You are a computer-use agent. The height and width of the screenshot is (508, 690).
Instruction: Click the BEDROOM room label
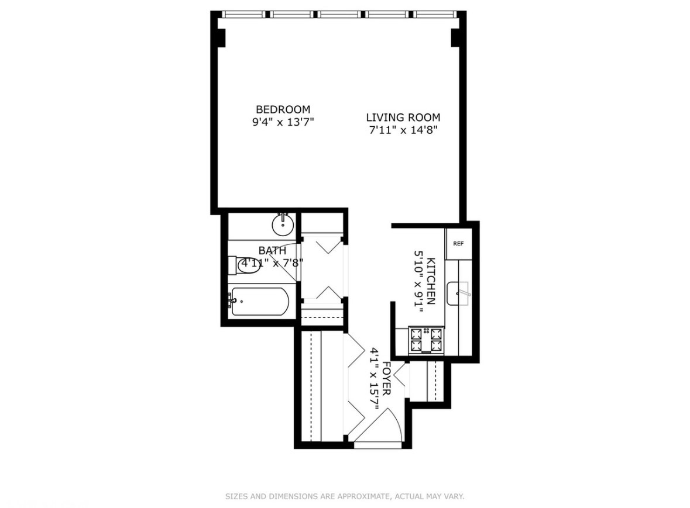[x=283, y=109]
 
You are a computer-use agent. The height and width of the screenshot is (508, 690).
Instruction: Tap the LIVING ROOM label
[x=403, y=118]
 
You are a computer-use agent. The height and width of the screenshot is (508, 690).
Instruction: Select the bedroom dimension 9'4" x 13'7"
[x=283, y=122]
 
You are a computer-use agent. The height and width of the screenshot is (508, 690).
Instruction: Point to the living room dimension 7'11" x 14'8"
[x=403, y=130]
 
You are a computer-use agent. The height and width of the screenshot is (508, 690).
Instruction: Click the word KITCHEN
[x=431, y=281]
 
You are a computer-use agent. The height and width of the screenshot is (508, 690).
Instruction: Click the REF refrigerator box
[x=458, y=243]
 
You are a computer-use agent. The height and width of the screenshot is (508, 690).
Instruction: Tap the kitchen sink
[x=459, y=293]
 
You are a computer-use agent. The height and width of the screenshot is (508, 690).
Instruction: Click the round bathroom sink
[x=283, y=226]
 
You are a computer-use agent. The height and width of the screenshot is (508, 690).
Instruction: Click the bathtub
[x=260, y=302]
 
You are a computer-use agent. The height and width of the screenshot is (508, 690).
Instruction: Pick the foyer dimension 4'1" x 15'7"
[x=374, y=379]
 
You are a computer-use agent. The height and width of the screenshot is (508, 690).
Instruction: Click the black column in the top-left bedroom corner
[x=221, y=37]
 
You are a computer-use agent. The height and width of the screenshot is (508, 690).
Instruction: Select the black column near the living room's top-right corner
[x=455, y=37]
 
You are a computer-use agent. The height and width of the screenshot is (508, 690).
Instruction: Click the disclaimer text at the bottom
[x=345, y=496]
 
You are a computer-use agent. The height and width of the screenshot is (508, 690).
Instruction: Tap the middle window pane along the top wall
[x=341, y=15]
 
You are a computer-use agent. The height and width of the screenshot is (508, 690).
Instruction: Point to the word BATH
[x=272, y=250]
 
